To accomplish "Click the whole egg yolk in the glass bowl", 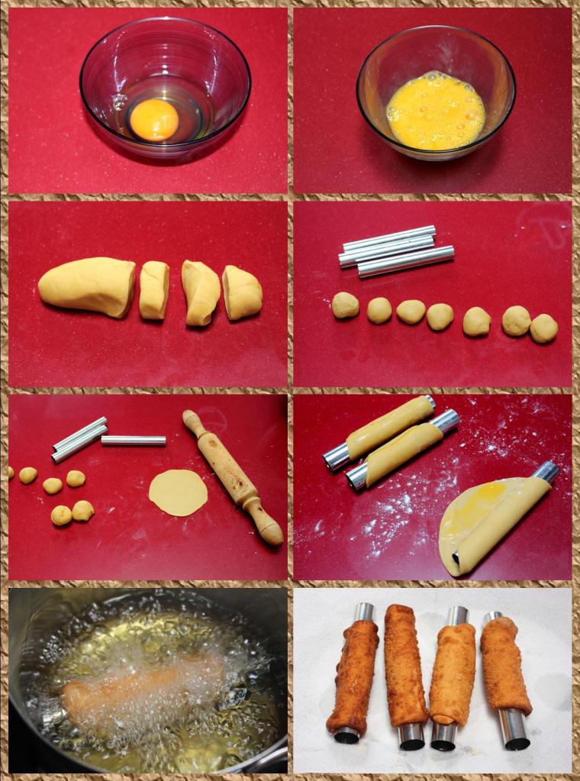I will tap(154, 119).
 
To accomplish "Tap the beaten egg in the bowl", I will tap(435, 110).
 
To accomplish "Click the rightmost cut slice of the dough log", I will tap(243, 292).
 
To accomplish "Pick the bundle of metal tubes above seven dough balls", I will tap(395, 250).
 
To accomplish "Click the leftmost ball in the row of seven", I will tap(345, 305).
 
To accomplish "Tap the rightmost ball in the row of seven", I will tap(543, 328).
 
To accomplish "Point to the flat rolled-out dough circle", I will tap(178, 492).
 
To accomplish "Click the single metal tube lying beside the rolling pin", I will tap(134, 441).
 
